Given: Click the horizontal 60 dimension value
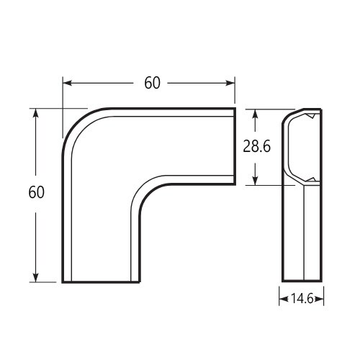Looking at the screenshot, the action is point(152,83).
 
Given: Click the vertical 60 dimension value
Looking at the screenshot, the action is point(36,192).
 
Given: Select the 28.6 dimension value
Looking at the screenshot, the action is point(256,146).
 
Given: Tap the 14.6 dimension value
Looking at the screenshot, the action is point(302,299).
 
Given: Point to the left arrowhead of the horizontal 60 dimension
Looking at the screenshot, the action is point(68,83).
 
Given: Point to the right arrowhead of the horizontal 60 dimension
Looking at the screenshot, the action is point(230,83).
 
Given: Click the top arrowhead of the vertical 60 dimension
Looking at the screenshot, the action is point(36,114).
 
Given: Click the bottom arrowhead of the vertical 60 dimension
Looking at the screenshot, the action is point(36,277).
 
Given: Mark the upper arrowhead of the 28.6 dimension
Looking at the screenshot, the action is point(255,114).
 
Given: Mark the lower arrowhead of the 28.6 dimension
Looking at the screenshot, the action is point(255,181).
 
